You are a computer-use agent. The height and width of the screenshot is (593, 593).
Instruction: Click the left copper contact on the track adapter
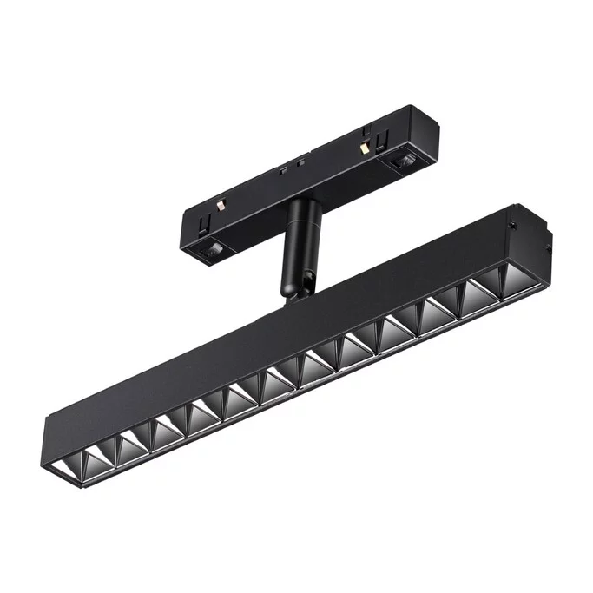pyautogui.click(x=221, y=208)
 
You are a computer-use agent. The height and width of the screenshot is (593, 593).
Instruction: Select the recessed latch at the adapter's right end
pyautogui.click(x=401, y=161)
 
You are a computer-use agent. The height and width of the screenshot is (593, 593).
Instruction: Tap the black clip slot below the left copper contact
pyautogui.click(x=201, y=225)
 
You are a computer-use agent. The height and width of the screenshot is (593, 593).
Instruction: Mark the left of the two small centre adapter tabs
pyautogui.click(x=282, y=170)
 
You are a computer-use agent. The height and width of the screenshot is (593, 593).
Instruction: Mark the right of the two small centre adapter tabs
pyautogui.click(x=300, y=162)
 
